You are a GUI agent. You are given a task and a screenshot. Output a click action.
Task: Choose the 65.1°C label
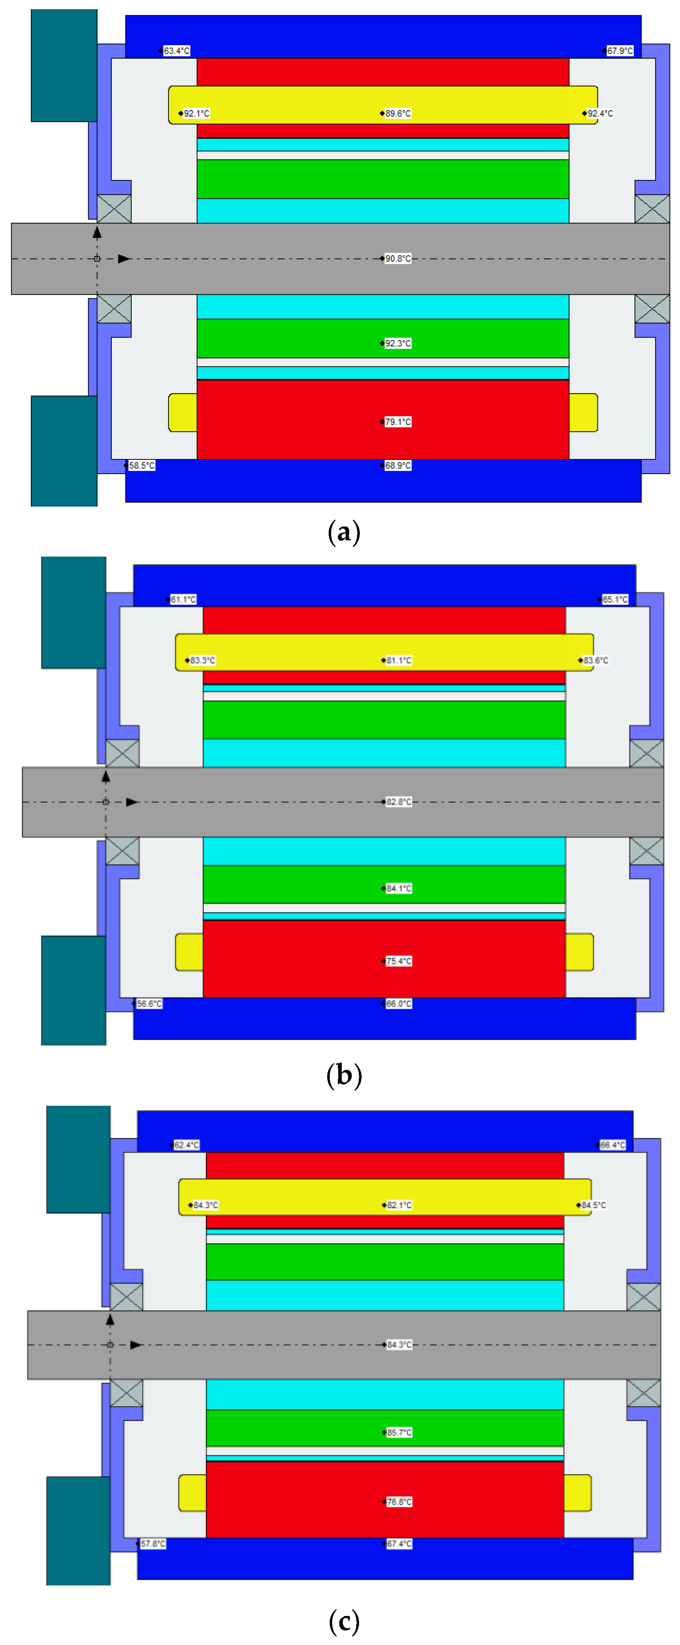[x=615, y=599]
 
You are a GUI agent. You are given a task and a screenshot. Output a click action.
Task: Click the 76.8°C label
[x=399, y=1502]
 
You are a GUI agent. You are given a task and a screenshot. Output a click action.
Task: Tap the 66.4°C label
[x=612, y=1145]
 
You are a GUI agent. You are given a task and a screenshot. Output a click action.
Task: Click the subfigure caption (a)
[x=344, y=531]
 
